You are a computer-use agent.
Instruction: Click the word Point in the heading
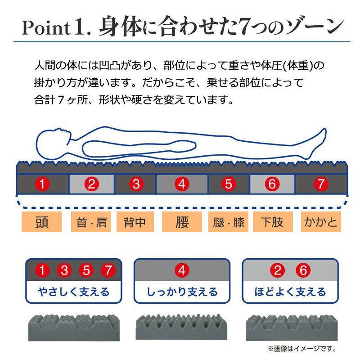click(x=46, y=28)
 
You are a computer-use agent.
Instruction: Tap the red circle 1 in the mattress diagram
click(x=42, y=184)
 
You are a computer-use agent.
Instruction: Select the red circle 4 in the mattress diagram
click(x=182, y=184)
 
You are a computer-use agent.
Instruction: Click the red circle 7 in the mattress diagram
click(x=321, y=184)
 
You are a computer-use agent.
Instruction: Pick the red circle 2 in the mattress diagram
click(x=92, y=184)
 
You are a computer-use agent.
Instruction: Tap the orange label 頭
click(x=41, y=222)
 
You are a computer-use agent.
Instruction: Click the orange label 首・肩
click(x=91, y=222)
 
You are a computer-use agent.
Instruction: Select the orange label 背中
click(x=135, y=222)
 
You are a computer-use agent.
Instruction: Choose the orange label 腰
click(x=182, y=222)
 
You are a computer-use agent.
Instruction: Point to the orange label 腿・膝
click(x=228, y=222)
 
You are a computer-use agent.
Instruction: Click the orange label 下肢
click(x=273, y=222)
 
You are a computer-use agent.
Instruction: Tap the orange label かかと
click(x=321, y=222)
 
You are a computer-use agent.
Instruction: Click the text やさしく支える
click(x=74, y=292)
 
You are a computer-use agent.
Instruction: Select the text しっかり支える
click(x=182, y=292)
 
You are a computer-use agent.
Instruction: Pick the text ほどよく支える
click(x=290, y=292)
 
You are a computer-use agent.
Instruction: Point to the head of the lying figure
click(x=53, y=144)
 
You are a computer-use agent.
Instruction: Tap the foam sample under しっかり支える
click(x=182, y=327)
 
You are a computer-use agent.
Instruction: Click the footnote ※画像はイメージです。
click(x=302, y=349)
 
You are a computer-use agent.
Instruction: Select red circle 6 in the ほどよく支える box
click(x=303, y=270)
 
